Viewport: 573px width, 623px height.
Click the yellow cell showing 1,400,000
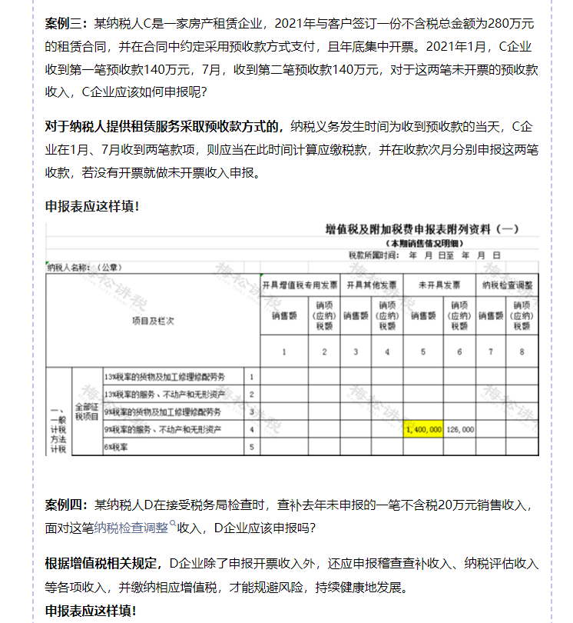(422, 429)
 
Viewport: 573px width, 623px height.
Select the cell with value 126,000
(459, 429)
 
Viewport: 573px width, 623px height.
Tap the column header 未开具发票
(439, 285)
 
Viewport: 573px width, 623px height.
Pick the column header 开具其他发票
(370, 285)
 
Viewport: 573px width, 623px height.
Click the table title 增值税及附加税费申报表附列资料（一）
(422, 229)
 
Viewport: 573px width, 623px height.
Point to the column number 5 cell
(423, 352)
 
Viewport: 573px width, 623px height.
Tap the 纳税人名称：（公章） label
(84, 268)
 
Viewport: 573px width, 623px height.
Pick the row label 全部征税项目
(85, 411)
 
